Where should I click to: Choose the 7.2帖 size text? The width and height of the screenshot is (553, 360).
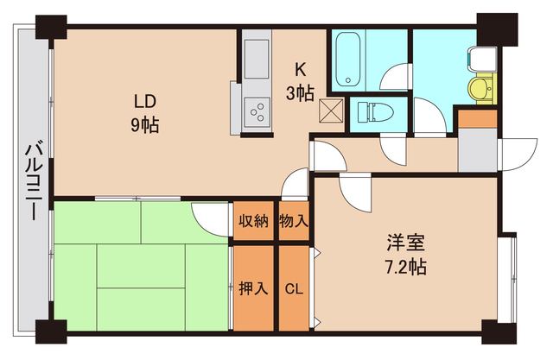[405, 267]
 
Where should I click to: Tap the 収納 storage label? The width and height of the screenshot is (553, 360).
[251, 222]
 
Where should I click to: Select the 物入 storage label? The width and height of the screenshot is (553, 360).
[294, 222]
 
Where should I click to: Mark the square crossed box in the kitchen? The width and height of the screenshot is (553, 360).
[328, 110]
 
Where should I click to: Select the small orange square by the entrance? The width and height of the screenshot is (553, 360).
[476, 118]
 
